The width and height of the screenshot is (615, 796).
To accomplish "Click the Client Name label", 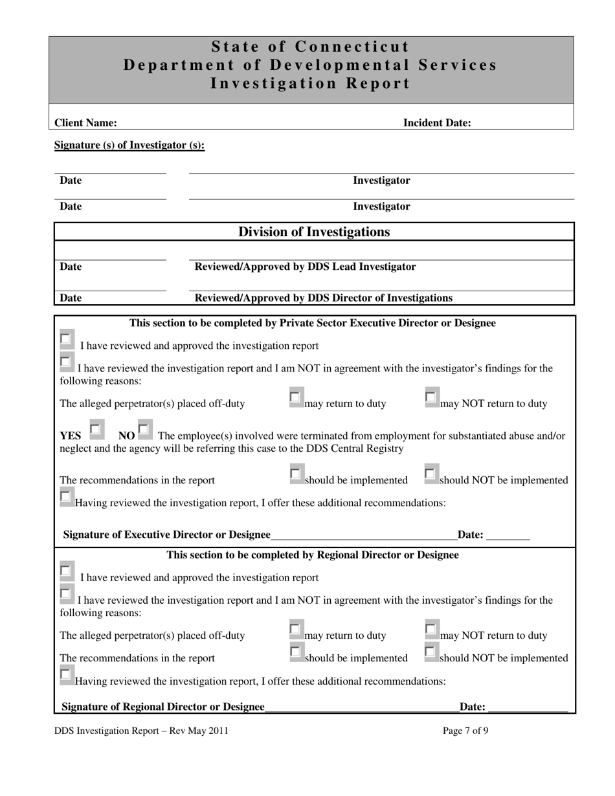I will point(85,123).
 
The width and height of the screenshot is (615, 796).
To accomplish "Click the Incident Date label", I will point(437,123).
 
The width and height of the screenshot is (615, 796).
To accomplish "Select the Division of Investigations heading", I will point(314,232).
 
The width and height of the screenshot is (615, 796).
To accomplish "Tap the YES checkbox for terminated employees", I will point(95,429).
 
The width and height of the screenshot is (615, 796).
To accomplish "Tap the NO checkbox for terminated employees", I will point(144,429).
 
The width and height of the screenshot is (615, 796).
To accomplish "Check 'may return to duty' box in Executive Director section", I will point(295,397).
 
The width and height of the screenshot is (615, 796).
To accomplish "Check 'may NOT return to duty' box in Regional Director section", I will point(430,629).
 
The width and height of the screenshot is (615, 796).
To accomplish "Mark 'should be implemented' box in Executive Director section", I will point(295,474).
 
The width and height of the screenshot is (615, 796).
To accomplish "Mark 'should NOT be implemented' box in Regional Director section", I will point(430,652).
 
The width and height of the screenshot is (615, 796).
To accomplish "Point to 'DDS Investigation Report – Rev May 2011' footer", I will point(141,731).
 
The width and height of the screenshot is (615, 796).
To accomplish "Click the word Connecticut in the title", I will point(353,47).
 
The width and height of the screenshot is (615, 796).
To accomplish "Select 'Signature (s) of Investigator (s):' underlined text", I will point(129,145).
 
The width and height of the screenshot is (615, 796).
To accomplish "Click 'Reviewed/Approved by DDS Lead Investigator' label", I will point(305,267).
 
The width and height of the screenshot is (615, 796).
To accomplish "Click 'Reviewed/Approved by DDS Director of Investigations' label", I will point(323,298).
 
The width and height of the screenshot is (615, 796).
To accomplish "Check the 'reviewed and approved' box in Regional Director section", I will point(65,571).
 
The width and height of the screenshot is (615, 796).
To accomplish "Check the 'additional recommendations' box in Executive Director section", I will point(65,497).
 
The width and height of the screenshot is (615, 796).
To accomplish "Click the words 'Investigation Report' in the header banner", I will point(310,83).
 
